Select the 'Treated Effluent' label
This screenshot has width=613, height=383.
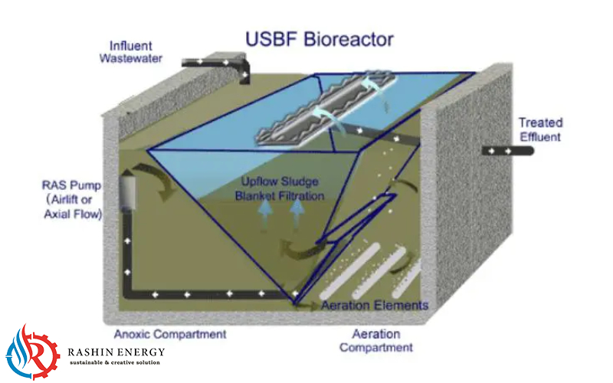click(540, 129)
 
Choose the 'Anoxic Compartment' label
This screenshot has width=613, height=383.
click(170, 334)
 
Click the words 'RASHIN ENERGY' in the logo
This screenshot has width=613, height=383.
click(116, 352)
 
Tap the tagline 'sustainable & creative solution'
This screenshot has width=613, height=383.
click(114, 362)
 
